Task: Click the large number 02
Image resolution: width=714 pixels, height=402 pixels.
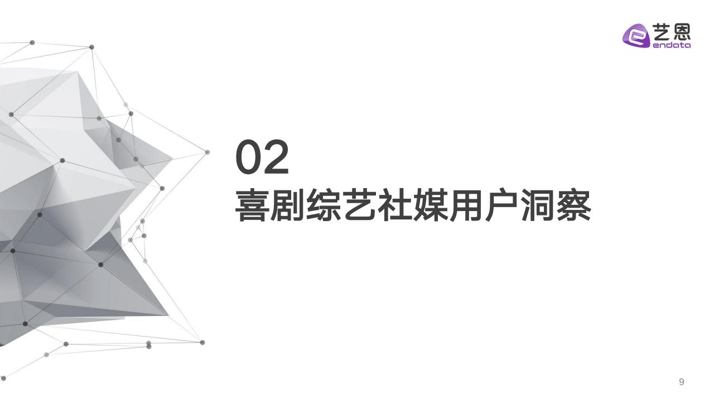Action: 262,157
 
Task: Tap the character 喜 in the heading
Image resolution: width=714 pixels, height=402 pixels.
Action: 250,205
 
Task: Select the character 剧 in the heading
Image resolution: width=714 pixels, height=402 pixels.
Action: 286,205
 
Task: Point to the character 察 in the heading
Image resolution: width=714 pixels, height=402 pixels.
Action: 574,205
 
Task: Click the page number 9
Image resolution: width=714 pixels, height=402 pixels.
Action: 682,382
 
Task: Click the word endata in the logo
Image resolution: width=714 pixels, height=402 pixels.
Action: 672,45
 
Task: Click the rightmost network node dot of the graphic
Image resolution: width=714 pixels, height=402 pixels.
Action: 207,152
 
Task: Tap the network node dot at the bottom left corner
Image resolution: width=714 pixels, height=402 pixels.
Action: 3,379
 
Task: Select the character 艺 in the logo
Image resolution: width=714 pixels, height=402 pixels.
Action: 662,32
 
